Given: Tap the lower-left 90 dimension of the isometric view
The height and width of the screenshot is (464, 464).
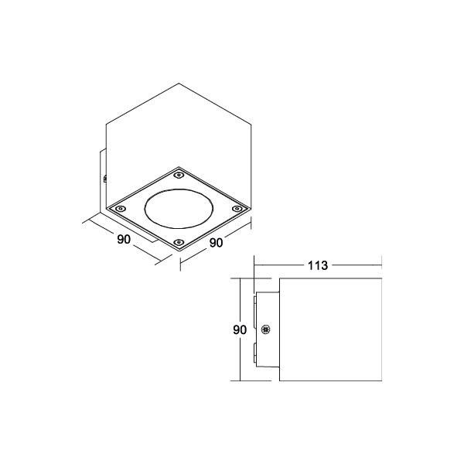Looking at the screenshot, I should coord(123,240).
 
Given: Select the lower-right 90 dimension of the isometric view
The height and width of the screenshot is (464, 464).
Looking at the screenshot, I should coord(216,243).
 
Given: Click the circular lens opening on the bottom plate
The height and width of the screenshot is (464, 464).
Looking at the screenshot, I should coord(178,207).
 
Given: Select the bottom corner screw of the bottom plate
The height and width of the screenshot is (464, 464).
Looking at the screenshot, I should coord(179,243).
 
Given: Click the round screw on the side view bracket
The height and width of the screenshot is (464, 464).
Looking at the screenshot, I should coord(266,329).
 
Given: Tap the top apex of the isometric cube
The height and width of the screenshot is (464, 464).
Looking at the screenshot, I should coord(179,81).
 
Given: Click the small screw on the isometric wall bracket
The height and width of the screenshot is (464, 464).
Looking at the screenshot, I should coord(104,179).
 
